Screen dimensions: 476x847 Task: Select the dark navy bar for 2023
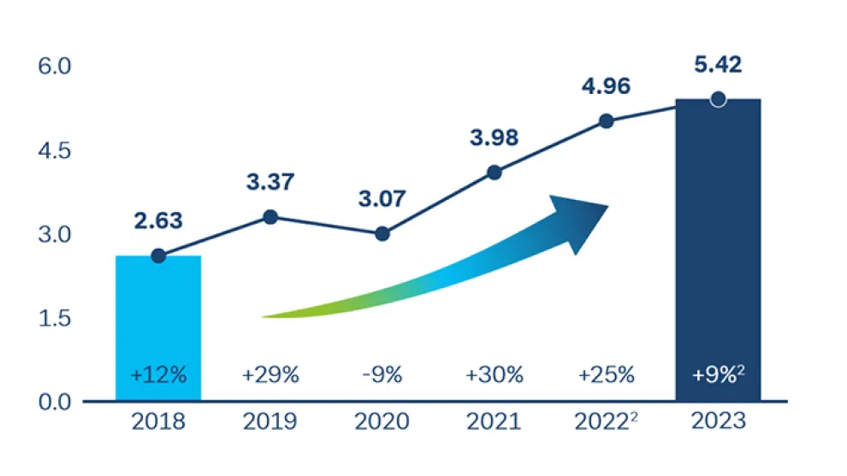tap(718, 248)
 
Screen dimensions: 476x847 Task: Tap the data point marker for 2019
tap(270, 217)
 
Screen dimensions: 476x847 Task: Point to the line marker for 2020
tap(382, 234)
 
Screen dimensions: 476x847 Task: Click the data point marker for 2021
tap(494, 172)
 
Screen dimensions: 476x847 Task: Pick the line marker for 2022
tap(606, 121)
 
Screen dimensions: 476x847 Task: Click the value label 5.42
tap(718, 64)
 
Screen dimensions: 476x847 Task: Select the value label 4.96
tap(606, 86)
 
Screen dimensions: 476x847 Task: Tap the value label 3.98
tap(494, 137)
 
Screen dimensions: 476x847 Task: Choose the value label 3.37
tap(270, 182)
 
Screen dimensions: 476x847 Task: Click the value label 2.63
tap(158, 220)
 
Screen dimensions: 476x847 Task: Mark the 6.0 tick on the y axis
tap(59, 67)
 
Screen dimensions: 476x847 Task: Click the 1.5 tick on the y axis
tap(59, 318)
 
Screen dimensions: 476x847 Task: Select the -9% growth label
tap(382, 375)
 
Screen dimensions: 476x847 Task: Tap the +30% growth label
tap(494, 375)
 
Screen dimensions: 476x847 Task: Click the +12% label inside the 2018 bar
tap(158, 375)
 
